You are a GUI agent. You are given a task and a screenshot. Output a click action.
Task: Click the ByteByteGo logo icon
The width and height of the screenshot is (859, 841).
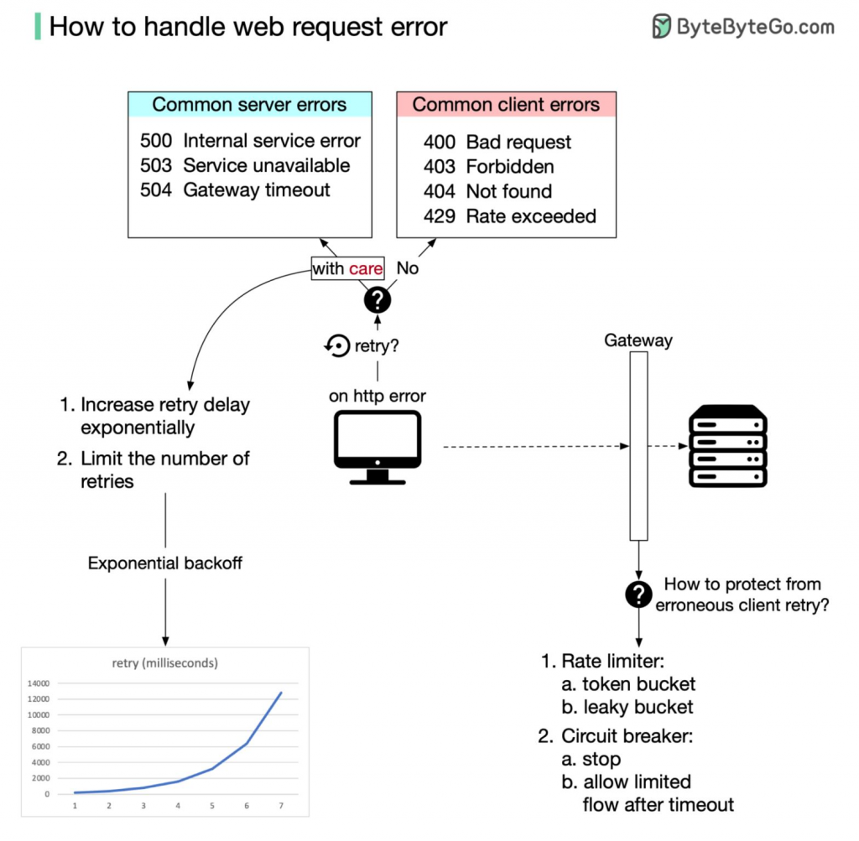(x=661, y=26)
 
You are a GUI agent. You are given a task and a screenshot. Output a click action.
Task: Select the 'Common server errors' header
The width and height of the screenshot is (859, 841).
(x=250, y=104)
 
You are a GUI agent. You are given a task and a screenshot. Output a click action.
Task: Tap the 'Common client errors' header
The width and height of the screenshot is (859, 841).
(x=506, y=104)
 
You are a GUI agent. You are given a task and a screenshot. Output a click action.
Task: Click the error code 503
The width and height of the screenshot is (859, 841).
(x=156, y=165)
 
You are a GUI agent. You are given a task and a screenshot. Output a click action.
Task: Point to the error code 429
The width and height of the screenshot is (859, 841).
(x=440, y=216)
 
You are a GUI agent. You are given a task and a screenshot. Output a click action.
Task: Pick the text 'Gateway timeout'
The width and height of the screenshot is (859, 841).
(x=257, y=190)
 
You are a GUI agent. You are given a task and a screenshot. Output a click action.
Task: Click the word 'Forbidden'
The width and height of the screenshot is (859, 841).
(x=510, y=167)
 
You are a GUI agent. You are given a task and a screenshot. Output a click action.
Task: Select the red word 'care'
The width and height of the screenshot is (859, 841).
(x=366, y=269)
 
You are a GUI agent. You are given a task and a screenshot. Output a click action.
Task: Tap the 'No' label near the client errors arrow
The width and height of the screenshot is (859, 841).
(x=408, y=267)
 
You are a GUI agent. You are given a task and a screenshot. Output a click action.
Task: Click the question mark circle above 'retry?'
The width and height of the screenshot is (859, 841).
(x=377, y=300)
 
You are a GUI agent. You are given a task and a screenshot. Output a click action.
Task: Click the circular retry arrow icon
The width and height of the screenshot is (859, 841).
(x=337, y=345)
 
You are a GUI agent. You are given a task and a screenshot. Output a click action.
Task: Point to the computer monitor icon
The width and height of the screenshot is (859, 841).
(x=377, y=447)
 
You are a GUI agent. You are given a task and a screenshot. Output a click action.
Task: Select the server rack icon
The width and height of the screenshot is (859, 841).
(x=727, y=446)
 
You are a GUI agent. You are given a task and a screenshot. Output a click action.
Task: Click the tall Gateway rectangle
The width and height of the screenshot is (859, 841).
(x=638, y=446)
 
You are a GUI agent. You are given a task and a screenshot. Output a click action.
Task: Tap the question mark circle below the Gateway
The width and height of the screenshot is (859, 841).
(x=638, y=594)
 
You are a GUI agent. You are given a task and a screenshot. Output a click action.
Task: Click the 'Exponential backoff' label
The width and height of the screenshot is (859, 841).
(x=165, y=563)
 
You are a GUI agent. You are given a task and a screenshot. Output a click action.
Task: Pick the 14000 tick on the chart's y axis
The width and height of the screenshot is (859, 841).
(x=39, y=683)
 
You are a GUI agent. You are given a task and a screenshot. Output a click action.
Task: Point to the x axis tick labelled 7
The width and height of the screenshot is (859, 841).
(x=281, y=806)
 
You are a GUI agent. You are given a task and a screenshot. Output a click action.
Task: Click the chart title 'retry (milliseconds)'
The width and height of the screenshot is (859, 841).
(x=165, y=663)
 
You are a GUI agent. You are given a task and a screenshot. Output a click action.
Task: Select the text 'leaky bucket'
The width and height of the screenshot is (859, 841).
(x=638, y=707)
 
